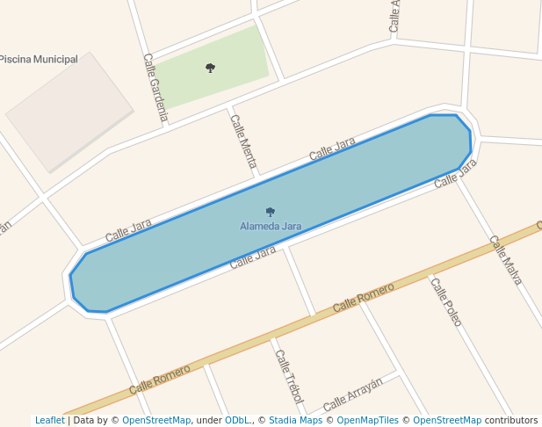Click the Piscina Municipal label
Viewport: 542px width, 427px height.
pos(39,60)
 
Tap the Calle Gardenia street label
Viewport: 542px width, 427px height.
pos(155,87)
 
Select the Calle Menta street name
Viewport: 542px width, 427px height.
pos(243,141)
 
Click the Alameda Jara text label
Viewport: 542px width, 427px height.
pos(271,227)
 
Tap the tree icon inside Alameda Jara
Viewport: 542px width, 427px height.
pos(271,212)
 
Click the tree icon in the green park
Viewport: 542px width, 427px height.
pos(210,68)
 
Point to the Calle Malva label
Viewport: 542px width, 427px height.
pos(505,260)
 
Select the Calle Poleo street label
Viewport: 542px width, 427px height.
pos(445,301)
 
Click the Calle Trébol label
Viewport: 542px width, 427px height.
pos(289,377)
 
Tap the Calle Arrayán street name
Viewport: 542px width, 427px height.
pos(353,394)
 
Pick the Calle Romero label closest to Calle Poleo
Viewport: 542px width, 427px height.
pos(364,296)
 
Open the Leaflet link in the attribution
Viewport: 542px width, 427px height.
pos(49,421)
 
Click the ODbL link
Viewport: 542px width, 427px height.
pos(237,421)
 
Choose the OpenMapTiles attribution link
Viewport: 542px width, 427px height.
pos(369,421)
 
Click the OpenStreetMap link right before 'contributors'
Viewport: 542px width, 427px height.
pos(447,421)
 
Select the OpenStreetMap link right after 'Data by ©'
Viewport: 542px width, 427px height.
pos(155,421)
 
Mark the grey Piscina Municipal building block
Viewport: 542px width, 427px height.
pos(69,112)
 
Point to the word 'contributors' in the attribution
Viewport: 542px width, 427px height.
pos(511,421)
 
